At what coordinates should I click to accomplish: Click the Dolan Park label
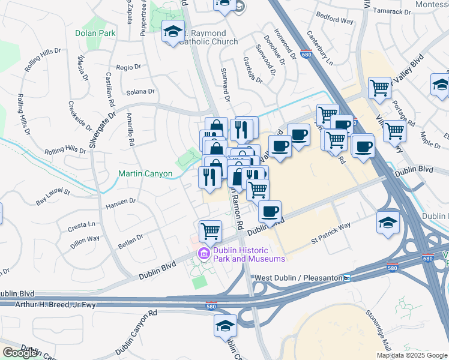95,34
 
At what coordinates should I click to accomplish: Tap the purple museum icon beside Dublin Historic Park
203,254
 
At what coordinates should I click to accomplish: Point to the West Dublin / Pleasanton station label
298,278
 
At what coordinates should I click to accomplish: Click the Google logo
20,353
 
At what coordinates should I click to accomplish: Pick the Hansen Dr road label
121,203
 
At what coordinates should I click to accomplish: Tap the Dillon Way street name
85,239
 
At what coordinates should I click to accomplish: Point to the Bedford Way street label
335,20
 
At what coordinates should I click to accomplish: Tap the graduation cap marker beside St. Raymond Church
173,33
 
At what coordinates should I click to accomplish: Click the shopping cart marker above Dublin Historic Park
210,231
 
